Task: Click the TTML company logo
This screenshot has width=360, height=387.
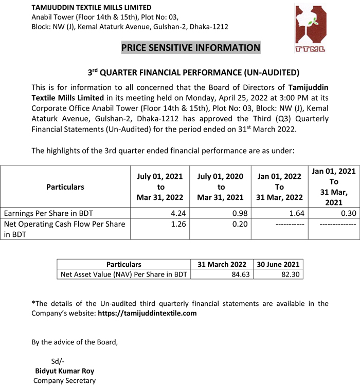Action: pyautogui.click(x=312, y=29)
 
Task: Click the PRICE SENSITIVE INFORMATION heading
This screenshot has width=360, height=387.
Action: pyautogui.click(x=191, y=48)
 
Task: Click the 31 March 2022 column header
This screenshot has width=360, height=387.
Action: pyautogui.click(x=222, y=264)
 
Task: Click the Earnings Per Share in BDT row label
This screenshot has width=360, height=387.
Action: pyautogui.click(x=48, y=213)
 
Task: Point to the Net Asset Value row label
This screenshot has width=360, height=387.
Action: pyautogui.click(x=123, y=274)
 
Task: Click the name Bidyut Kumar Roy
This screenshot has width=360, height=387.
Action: pyautogui.click(x=64, y=371)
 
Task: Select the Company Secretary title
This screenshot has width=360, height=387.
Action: pyautogui.click(x=64, y=381)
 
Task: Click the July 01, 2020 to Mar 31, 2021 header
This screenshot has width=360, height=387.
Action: pyautogui.click(x=221, y=187)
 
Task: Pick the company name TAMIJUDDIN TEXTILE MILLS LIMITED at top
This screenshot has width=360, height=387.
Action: pyautogui.click(x=92, y=8)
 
